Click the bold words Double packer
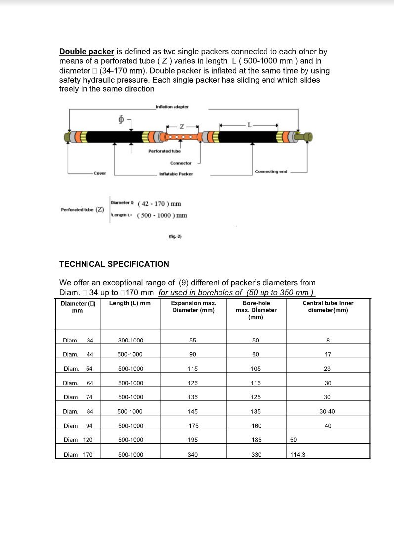87,52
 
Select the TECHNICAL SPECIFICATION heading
114,264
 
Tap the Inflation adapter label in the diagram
172,107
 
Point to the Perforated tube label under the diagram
165,151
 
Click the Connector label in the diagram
180,163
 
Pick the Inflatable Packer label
175,174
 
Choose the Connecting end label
271,172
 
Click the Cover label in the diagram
100,174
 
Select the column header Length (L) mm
130,303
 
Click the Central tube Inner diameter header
328,307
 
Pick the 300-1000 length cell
131,340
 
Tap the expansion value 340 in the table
193,455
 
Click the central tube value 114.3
297,455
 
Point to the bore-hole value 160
256,426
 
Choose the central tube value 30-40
328,412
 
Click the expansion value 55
193,340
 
